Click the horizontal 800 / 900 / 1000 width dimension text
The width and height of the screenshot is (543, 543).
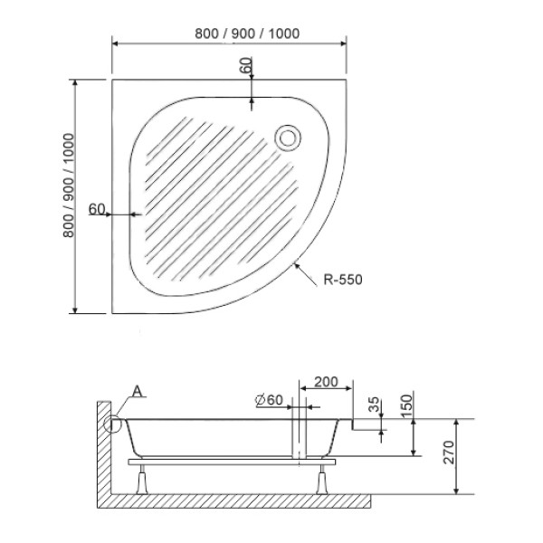pyautogui.click(x=247, y=33)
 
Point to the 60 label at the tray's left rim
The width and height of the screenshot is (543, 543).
pyautogui.click(x=98, y=209)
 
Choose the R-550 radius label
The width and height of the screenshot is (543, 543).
pyautogui.click(x=343, y=280)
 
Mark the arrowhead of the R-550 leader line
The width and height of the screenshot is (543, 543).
pyautogui.click(x=296, y=263)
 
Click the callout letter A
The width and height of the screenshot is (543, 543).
pyautogui.click(x=136, y=391)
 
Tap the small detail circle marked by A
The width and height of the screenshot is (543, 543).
pyautogui.click(x=114, y=423)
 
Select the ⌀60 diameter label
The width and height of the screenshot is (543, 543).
pyautogui.click(x=270, y=400)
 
